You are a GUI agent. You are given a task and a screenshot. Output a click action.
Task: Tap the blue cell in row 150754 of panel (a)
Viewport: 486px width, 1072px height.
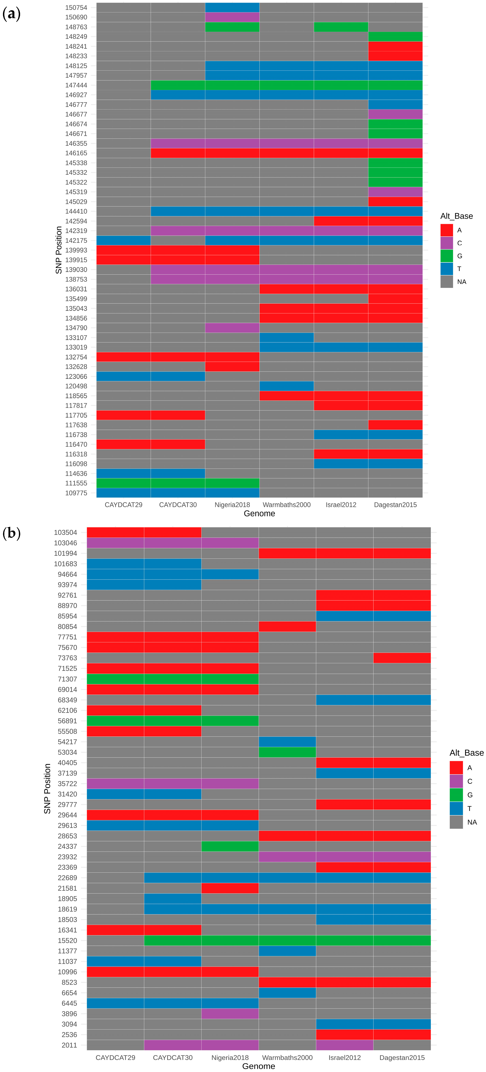232,7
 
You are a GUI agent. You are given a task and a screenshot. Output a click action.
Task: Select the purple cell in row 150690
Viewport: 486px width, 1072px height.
232,17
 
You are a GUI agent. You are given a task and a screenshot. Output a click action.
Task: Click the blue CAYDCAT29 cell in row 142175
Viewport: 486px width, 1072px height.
124,241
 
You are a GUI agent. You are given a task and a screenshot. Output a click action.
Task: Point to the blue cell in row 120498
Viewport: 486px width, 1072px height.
286,386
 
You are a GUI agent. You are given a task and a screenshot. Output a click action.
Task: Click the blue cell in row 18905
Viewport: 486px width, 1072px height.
172,899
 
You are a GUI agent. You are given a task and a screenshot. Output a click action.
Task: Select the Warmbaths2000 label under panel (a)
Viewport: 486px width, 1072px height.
286,505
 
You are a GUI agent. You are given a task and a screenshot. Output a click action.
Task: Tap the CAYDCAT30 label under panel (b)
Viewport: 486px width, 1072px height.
172,1057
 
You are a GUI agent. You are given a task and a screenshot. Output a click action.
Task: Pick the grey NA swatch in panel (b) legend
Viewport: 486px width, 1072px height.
456,822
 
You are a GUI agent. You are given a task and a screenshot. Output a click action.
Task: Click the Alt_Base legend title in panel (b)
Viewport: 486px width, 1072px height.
466,752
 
